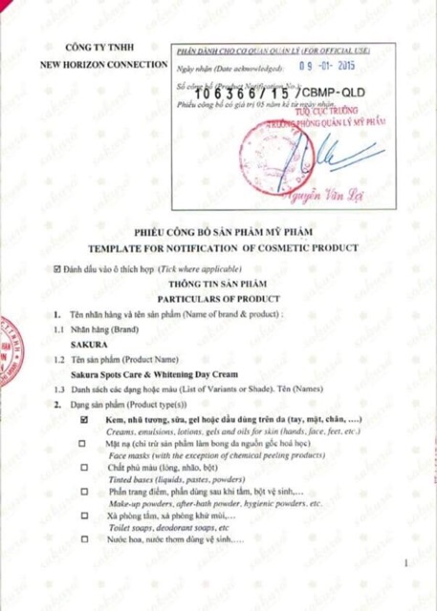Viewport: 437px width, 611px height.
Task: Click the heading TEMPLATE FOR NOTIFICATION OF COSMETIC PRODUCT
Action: point(219,248)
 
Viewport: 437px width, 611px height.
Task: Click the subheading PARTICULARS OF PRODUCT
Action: point(218,297)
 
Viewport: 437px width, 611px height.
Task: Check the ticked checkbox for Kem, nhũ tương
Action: point(85,420)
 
